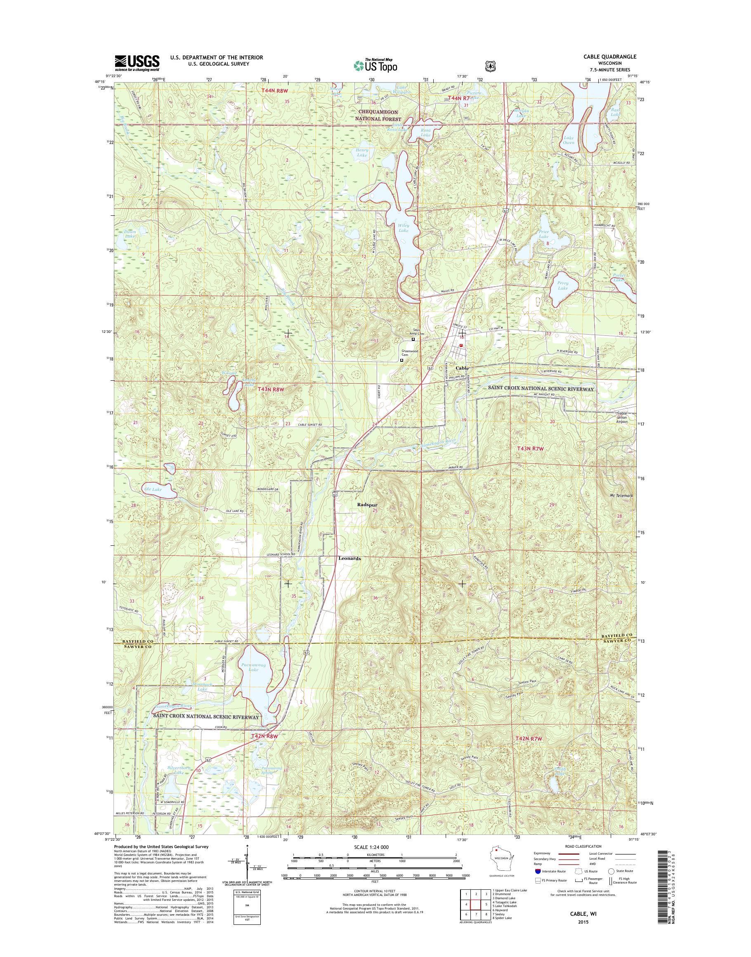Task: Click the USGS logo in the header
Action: [x=137, y=63]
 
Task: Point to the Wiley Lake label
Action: [x=403, y=228]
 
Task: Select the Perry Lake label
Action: [x=562, y=286]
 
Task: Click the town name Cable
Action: [x=462, y=368]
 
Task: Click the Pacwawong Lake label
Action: [x=249, y=680]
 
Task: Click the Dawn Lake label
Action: [x=130, y=234]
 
